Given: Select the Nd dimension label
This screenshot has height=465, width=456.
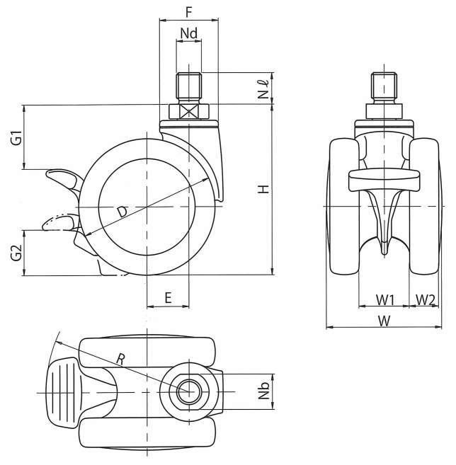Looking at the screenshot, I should (188, 33).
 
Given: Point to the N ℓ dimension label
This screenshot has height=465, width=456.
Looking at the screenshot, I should (263, 88).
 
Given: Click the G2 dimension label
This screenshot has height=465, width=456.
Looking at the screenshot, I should (16, 253).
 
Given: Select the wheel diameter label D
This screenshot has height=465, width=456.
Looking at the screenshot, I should (122, 212).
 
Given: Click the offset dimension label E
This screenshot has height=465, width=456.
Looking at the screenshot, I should (168, 298).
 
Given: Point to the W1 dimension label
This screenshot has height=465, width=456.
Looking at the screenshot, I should (385, 299).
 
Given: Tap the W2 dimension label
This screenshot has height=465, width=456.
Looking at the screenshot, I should (426, 299).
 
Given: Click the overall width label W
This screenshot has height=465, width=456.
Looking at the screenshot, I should (383, 321).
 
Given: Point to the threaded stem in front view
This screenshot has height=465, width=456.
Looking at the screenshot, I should (383, 88).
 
